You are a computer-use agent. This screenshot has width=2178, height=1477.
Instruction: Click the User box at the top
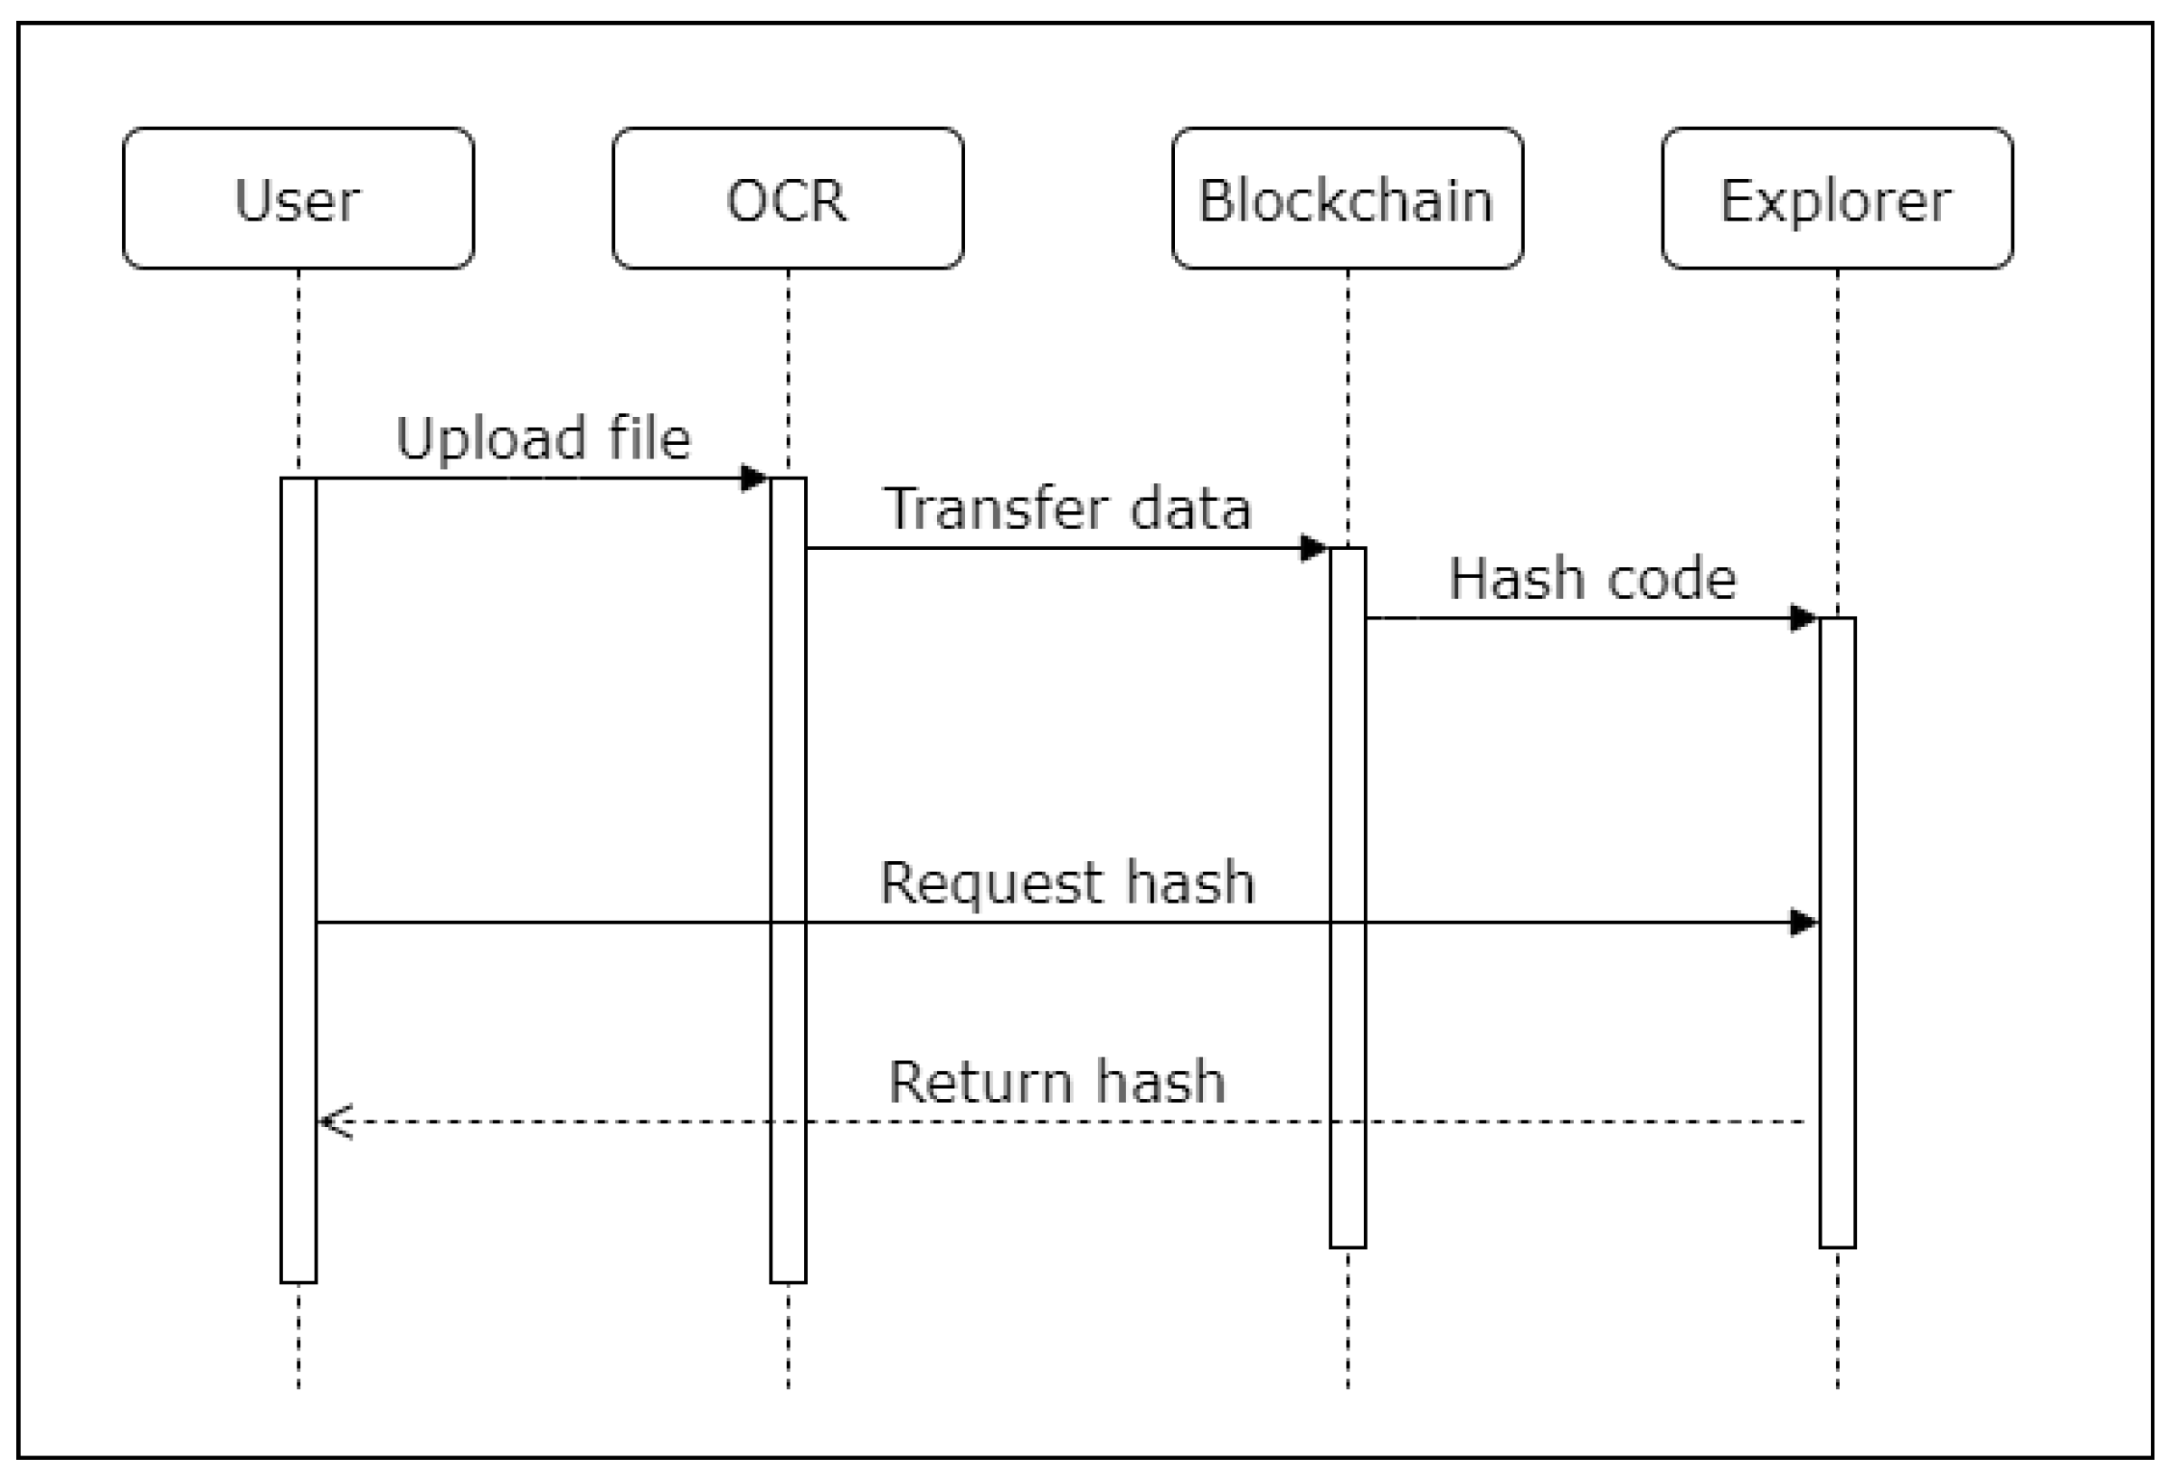(298, 199)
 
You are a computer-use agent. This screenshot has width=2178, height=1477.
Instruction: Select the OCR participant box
(787, 199)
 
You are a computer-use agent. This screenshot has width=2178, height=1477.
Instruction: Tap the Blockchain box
(1347, 199)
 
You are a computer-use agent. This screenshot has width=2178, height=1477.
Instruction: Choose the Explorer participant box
(1837, 199)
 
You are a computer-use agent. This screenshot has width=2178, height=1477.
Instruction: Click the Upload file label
(543, 438)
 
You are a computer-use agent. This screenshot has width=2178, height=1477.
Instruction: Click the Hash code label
(1592, 578)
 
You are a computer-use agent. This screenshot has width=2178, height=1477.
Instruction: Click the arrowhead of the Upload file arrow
(754, 478)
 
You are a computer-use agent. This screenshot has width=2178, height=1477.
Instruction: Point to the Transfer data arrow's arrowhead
(1314, 548)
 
